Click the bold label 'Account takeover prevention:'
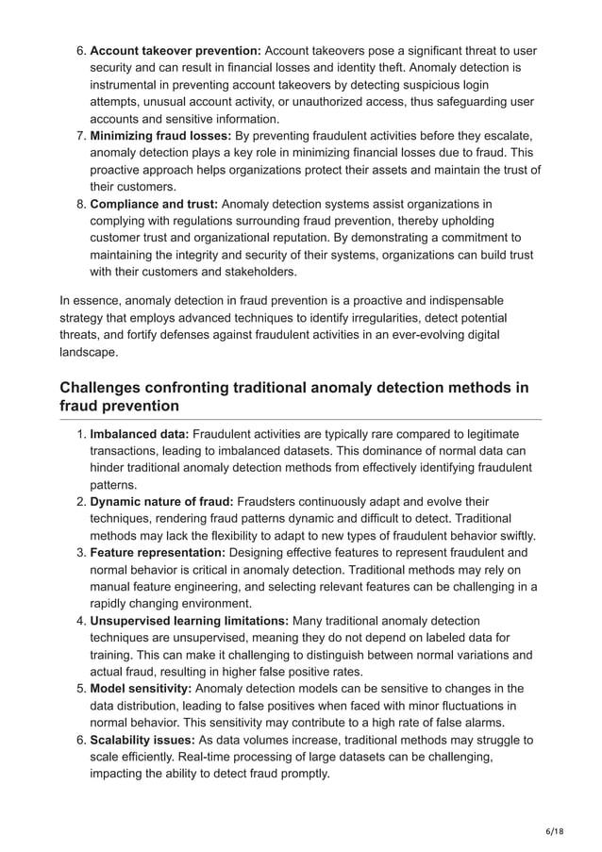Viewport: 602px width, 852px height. click(175, 50)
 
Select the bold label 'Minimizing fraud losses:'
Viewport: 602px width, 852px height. click(159, 136)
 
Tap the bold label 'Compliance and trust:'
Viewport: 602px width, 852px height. click(154, 205)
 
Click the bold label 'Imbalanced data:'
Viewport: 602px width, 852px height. click(139, 433)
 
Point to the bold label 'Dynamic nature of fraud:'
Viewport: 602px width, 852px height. click(161, 501)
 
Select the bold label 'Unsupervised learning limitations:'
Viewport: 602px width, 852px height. click(190, 621)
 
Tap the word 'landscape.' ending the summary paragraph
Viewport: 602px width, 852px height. click(89, 351)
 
